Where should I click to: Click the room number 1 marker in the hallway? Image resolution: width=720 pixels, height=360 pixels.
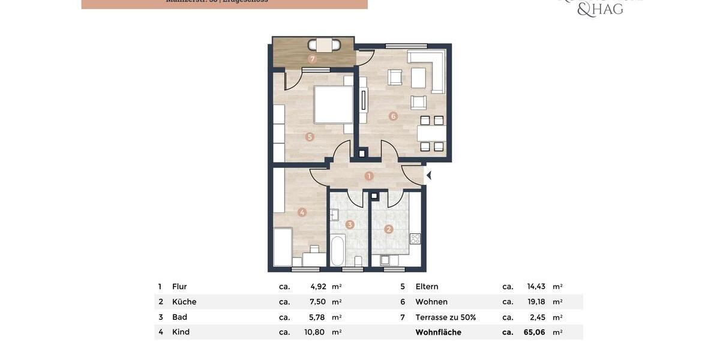click(369, 176)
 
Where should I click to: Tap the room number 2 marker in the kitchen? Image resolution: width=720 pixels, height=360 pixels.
click(389, 229)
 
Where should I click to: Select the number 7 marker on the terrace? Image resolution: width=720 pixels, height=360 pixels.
click(312, 59)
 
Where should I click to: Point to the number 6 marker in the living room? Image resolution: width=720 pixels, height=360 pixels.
click(393, 116)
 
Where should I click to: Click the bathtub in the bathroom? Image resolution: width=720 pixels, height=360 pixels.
click(338, 251)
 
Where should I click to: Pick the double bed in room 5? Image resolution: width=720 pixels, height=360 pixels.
click(334, 104)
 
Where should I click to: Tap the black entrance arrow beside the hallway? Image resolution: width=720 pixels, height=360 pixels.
click(428, 176)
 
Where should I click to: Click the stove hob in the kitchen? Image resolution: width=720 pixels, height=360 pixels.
click(415, 239)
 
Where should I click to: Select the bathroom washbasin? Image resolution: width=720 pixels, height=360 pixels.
click(334, 215)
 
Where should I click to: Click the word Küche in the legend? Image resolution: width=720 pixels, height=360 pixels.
click(184, 302)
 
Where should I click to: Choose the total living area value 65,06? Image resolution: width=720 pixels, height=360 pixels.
click(534, 332)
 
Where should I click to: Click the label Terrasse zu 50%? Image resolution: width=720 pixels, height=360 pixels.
click(445, 317)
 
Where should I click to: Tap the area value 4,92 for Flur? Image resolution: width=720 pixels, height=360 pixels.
click(318, 287)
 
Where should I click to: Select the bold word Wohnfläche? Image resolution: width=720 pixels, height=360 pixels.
click(438, 332)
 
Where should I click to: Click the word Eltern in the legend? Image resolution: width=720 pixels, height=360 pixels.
click(427, 287)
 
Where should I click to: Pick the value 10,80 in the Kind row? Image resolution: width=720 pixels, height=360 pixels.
click(315, 332)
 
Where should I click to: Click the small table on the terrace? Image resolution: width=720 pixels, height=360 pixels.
click(325, 45)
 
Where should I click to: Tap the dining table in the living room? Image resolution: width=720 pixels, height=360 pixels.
click(432, 133)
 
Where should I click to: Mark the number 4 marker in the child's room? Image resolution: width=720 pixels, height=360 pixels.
click(302, 212)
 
